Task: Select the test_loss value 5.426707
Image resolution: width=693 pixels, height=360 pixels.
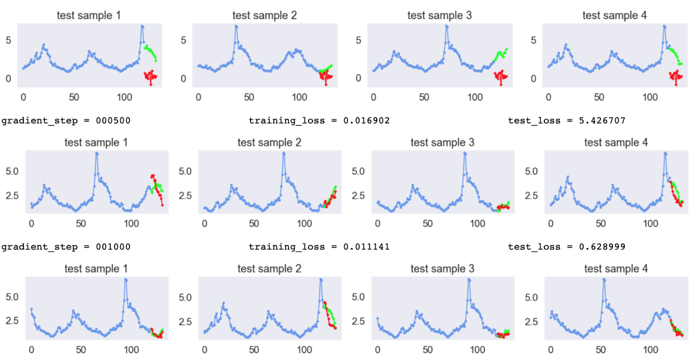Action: (x=600, y=121)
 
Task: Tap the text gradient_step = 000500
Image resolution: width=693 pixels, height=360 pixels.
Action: (x=66, y=121)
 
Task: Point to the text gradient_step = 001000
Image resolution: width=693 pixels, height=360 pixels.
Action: (x=66, y=247)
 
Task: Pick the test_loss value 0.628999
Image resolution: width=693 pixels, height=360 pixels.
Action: (x=600, y=247)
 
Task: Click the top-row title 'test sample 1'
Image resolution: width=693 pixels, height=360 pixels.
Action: (x=89, y=15)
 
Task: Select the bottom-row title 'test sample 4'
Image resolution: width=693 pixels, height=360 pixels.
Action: (x=616, y=269)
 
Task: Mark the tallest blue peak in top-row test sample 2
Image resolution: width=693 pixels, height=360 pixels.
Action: (x=236, y=26)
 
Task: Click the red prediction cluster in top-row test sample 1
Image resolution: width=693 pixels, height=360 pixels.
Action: (x=150, y=77)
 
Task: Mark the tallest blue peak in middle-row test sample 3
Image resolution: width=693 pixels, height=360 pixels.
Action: (x=465, y=153)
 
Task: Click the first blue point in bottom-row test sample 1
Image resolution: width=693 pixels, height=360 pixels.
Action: (x=31, y=309)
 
